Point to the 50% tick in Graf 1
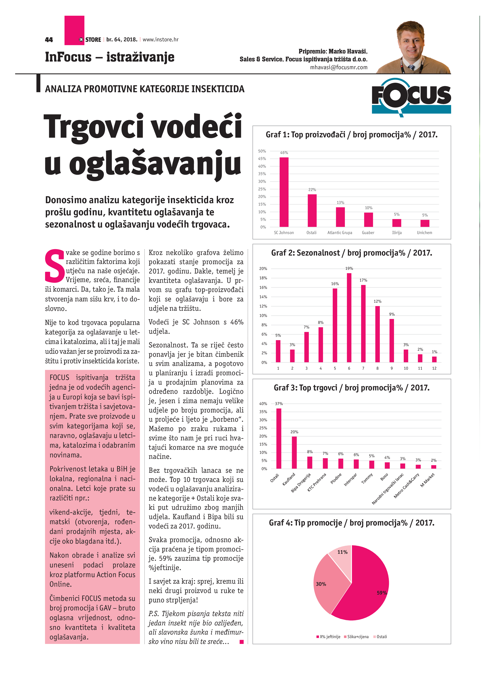(262, 151)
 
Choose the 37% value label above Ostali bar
(279, 404)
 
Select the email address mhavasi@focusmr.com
(338, 68)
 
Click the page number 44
(49, 39)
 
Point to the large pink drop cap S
(55, 266)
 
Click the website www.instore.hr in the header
(160, 39)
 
